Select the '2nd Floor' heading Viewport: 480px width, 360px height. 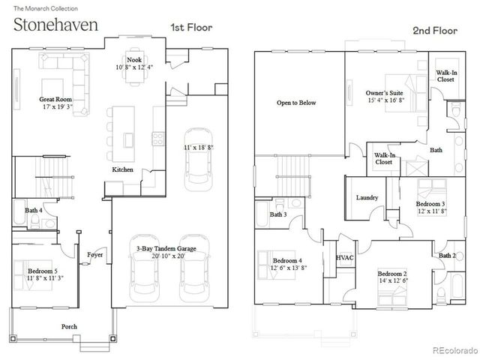[434, 31]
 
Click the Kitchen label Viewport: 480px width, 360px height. [123, 170]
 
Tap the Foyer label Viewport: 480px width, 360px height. [94, 254]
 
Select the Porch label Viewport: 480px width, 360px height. [69, 326]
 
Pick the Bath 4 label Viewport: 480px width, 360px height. [33, 211]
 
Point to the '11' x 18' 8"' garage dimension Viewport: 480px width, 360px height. [199, 148]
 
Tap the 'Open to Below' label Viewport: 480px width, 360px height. [295, 102]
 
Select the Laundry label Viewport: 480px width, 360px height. [367, 198]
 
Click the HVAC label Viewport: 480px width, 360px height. [344, 257]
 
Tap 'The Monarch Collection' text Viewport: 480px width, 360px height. [40, 7]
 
